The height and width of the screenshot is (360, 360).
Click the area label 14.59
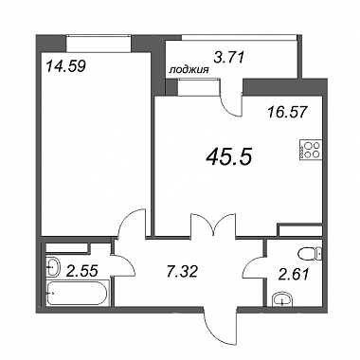pyautogui.click(x=65, y=66)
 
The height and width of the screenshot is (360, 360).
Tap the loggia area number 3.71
pyautogui.click(x=229, y=58)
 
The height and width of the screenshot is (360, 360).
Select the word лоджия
pyautogui.click(x=189, y=70)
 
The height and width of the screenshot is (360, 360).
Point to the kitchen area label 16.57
pyautogui.click(x=287, y=112)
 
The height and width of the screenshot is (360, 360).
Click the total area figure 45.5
pyautogui.click(x=228, y=157)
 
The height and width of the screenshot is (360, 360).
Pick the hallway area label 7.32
pyautogui.click(x=182, y=271)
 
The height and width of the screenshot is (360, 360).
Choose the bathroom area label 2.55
pyautogui.click(x=82, y=271)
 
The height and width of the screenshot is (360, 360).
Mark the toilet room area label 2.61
pyautogui.click(x=294, y=274)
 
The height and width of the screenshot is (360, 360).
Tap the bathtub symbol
pyautogui.click(x=78, y=293)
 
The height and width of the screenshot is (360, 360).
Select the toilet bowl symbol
pyautogui.click(x=311, y=254)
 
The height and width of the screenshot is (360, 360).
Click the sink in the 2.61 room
pyautogui.click(x=282, y=299)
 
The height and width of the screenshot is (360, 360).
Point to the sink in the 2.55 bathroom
pyautogui.click(x=53, y=267)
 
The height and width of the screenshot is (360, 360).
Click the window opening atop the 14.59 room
pyautogui.click(x=99, y=44)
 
